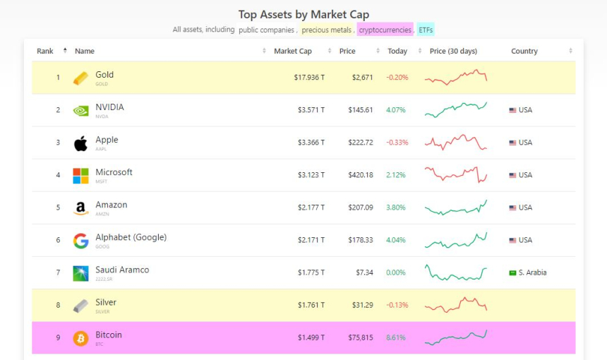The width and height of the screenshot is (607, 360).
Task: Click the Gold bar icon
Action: pos(81,78)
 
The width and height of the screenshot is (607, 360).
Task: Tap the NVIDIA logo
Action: pos(81,110)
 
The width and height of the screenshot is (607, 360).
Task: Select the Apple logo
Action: pos(81,143)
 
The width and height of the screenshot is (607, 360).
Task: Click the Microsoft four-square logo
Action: pos(81,176)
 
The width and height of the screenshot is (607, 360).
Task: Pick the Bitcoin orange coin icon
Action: pos(81,338)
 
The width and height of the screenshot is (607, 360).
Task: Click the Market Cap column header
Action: pos(292,51)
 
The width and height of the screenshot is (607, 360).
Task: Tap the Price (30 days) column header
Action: pos(453,51)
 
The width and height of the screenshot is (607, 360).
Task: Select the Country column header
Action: pos(524,51)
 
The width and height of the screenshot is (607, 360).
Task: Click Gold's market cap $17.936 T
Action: pos(309,78)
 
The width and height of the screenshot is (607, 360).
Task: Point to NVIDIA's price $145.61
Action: pos(361,110)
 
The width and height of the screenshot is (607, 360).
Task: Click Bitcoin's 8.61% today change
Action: pos(396,338)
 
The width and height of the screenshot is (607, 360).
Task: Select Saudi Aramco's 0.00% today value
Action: pos(396,272)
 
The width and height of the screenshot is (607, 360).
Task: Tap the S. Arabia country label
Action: pos(532,272)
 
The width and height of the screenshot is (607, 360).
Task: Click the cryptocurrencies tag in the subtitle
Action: pos(385,30)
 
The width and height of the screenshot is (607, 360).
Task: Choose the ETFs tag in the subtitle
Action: pos(426,30)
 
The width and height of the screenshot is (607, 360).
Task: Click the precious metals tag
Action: pos(326,30)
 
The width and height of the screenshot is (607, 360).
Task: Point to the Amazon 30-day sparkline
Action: pos(455,208)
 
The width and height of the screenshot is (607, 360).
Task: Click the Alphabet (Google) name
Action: pos(131,237)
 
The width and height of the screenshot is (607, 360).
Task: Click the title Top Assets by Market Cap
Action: pos(303,14)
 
